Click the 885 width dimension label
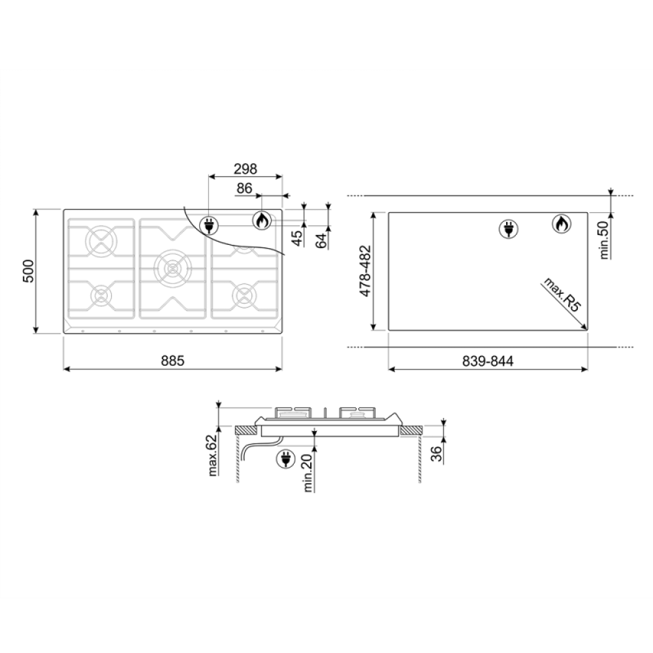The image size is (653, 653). (x=172, y=360)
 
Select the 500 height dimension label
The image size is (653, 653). (x=28, y=271)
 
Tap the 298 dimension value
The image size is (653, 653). (x=246, y=169)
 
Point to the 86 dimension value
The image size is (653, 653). (x=244, y=189)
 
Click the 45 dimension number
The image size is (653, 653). (x=296, y=238)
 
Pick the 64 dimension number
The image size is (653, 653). (x=321, y=241)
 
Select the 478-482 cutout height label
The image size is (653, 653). (x=365, y=271)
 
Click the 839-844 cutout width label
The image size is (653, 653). (x=488, y=361)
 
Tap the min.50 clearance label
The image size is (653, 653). (x=604, y=240)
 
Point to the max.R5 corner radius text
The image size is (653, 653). (x=562, y=295)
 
